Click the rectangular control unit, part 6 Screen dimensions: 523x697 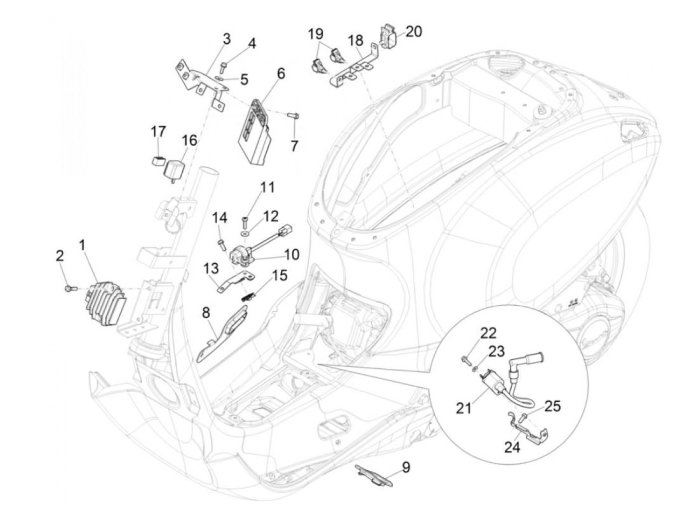pos(255,132)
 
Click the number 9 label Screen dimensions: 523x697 pos(406,467)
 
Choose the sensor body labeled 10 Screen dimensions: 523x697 pos(238,257)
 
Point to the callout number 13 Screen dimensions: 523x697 pos(211,269)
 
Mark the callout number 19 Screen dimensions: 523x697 pos(315,34)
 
